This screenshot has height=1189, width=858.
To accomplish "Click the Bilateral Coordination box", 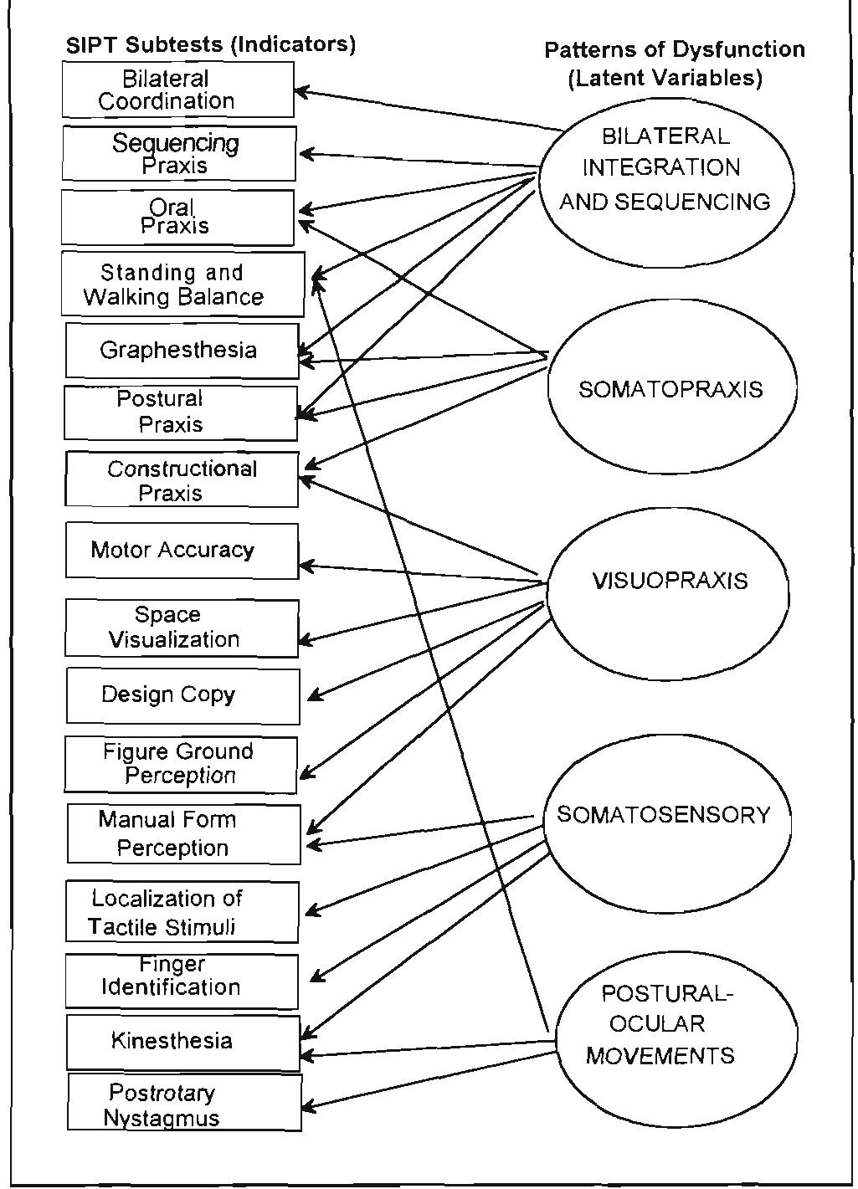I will click(177, 90).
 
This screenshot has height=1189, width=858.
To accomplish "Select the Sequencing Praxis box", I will click(178, 154).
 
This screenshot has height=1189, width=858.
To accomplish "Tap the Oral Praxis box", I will click(177, 218).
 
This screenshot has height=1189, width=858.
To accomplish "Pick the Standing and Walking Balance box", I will click(182, 285).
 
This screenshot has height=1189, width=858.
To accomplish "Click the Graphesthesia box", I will click(182, 351).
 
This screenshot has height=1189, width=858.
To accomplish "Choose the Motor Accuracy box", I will click(182, 551).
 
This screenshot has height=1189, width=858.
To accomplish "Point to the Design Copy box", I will click(182, 695).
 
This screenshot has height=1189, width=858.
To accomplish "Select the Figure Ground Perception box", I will click(180, 764).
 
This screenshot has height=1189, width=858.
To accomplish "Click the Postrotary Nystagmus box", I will click(183, 1104).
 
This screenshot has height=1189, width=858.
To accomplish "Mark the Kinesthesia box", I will click(182, 1042).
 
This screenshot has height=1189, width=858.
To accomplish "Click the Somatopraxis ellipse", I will click(671, 389).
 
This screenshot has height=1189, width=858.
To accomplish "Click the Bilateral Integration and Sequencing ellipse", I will click(665, 182).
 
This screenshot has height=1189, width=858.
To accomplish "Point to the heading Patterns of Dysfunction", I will click(674, 50).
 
